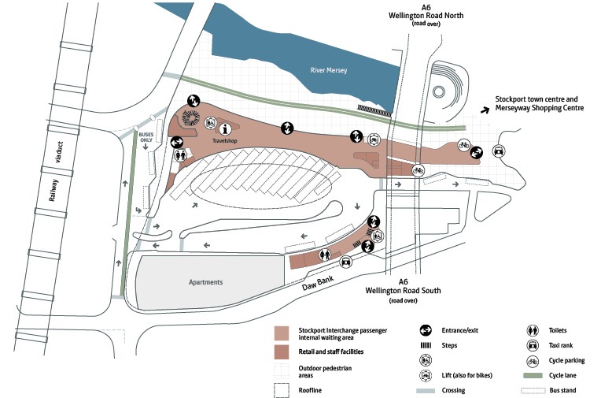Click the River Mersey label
click(328, 71)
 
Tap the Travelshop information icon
click(227, 128)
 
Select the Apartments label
click(206, 282)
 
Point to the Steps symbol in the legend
click(425, 345)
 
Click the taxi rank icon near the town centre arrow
click(499, 151)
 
